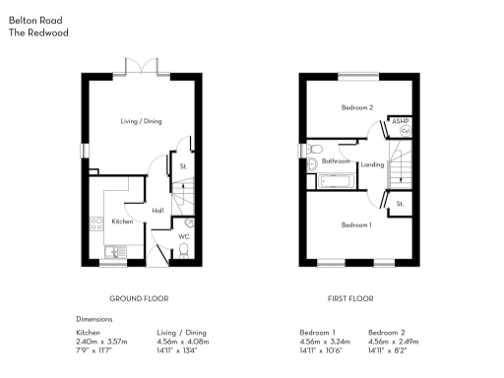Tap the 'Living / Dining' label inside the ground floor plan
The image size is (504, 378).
pyautogui.click(x=140, y=121)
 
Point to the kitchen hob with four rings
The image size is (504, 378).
pyautogui.click(x=96, y=223)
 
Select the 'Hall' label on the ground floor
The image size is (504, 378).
pyautogui.click(x=157, y=210)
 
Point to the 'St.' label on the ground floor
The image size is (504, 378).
pyautogui.click(x=183, y=166)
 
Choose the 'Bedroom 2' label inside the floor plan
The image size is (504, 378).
pyautogui.click(x=356, y=107)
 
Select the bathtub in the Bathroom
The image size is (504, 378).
pyautogui.click(x=329, y=181)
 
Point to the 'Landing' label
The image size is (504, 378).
pyautogui.click(x=372, y=164)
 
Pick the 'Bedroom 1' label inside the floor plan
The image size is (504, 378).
pyautogui.click(x=356, y=225)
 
